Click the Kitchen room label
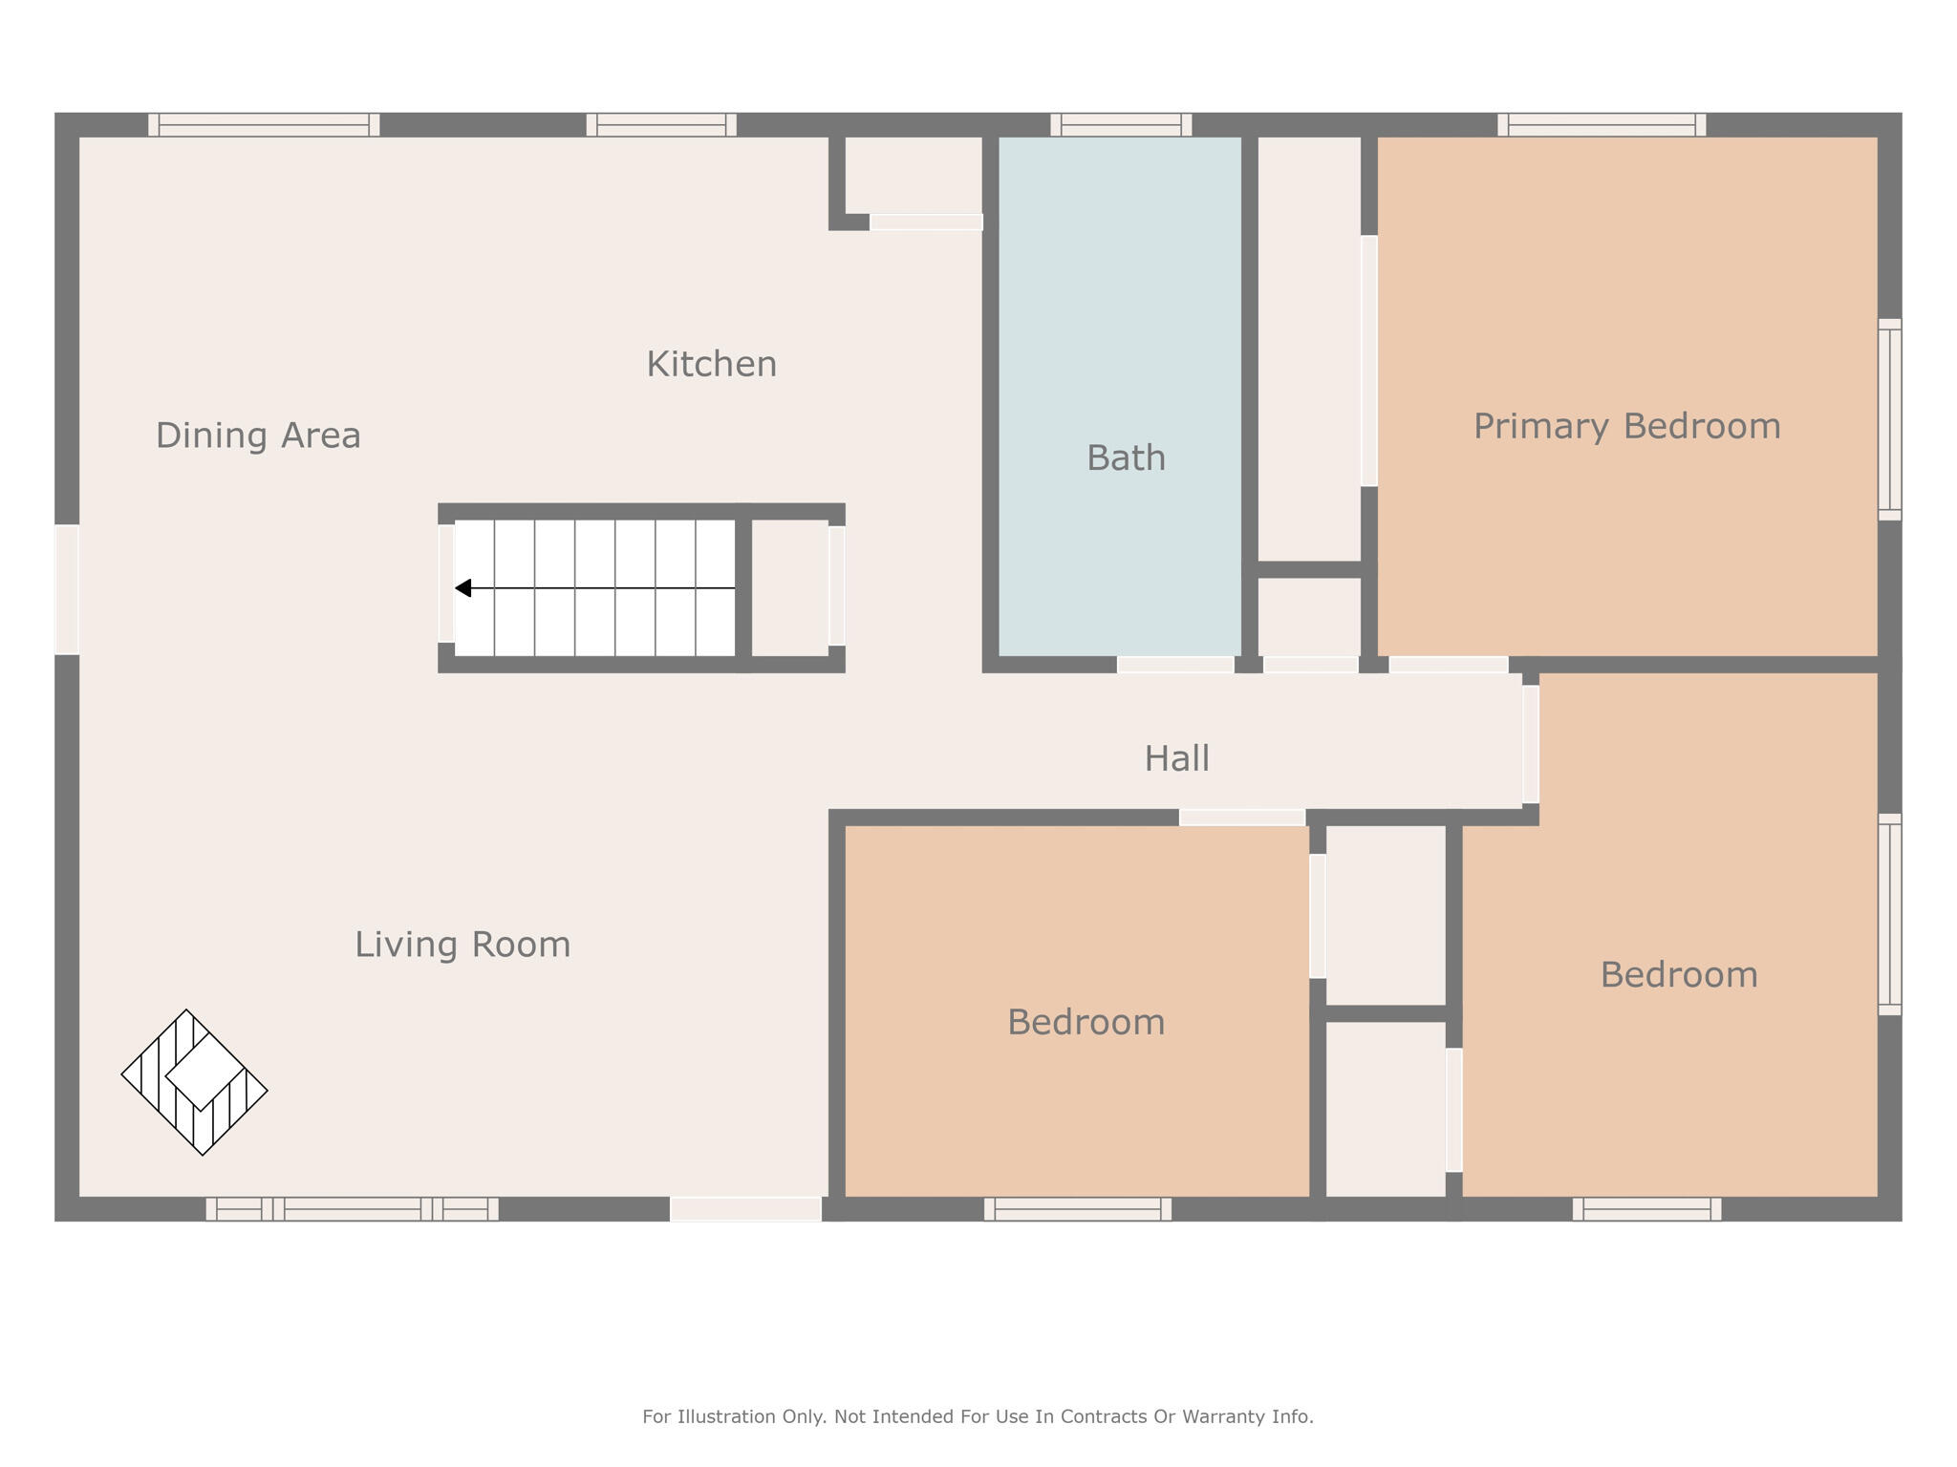(x=711, y=364)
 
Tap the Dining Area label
(x=258, y=436)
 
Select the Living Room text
(x=462, y=945)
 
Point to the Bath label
(x=1126, y=458)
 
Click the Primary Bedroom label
(x=1626, y=426)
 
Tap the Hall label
(x=1176, y=759)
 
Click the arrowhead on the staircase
(x=463, y=588)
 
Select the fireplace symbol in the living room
(x=195, y=1082)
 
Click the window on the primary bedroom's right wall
(x=1889, y=419)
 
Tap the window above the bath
(x=1121, y=125)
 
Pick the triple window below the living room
(x=352, y=1209)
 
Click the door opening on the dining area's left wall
(x=67, y=589)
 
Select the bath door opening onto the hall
(x=1174, y=665)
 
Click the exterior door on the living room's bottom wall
(x=745, y=1209)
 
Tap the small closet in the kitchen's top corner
(x=914, y=175)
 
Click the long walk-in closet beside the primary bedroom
(x=1308, y=349)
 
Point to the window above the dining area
(x=264, y=125)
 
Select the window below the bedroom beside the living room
(x=1077, y=1209)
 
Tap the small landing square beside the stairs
(x=789, y=588)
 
